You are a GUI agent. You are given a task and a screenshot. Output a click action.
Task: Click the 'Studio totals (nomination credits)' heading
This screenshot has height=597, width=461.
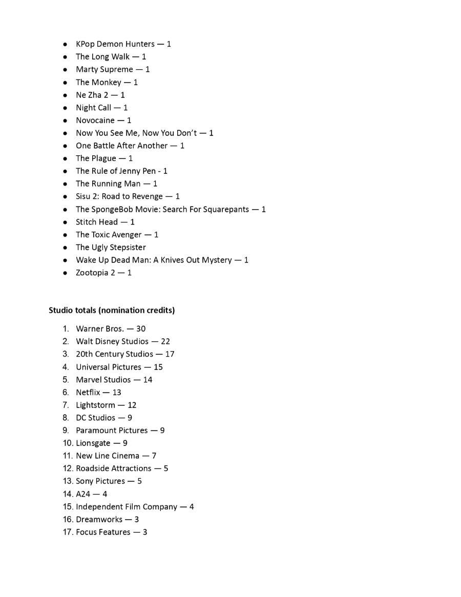click(112, 310)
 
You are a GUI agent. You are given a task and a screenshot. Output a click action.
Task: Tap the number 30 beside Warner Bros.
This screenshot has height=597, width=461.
click(141, 329)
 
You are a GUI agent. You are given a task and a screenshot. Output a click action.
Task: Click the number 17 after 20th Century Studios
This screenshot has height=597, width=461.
click(170, 354)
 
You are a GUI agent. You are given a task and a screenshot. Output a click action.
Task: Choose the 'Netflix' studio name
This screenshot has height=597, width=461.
click(88, 393)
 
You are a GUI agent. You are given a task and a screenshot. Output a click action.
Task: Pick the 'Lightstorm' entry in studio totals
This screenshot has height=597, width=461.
click(95, 405)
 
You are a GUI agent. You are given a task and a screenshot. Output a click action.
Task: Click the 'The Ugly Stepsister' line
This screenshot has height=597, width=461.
click(111, 248)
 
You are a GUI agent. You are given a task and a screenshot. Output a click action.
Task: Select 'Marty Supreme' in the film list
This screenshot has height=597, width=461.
click(104, 69)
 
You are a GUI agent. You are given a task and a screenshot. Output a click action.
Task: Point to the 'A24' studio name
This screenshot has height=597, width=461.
click(83, 494)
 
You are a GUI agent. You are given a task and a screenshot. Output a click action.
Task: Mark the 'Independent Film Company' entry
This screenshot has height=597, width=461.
click(127, 507)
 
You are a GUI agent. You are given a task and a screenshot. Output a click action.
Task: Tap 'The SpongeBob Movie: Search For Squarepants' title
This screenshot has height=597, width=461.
click(162, 209)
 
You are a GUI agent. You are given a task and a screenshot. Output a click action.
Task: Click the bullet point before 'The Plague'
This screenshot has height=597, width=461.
click(65, 159)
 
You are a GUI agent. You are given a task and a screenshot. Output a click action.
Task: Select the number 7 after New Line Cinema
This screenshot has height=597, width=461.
click(154, 456)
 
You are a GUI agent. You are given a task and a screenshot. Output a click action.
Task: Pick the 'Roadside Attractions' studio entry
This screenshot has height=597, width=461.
click(114, 468)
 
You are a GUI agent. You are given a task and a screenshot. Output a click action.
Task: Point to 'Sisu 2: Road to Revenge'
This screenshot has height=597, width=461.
click(119, 196)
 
